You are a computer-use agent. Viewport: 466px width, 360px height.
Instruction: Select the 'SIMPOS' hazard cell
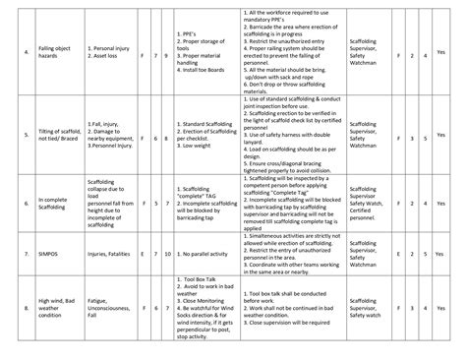(45, 254)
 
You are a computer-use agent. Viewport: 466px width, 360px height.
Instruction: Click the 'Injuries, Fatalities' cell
(111, 254)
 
